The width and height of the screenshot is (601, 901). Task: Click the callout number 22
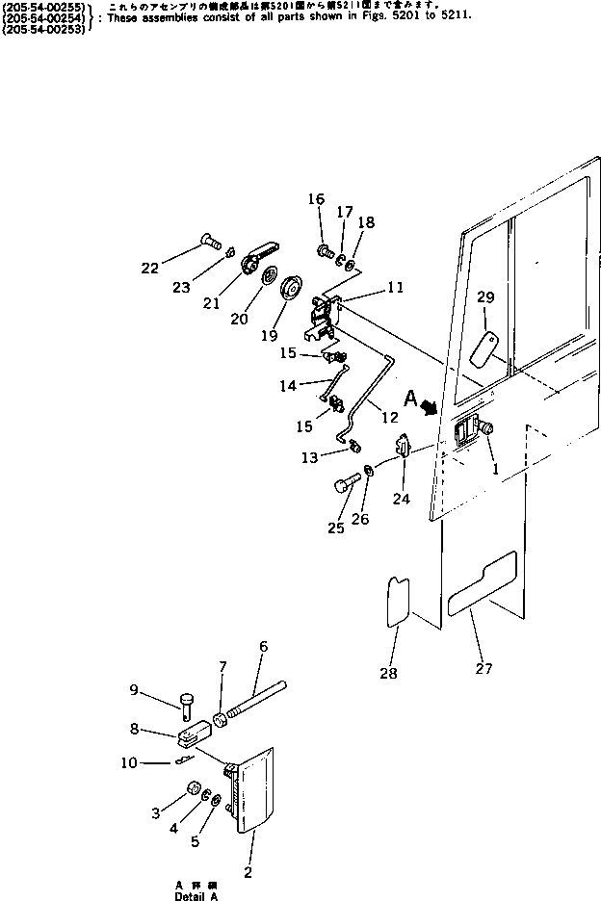coord(149,268)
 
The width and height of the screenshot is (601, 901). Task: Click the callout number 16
coord(317,199)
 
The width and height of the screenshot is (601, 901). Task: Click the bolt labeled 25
coord(345,486)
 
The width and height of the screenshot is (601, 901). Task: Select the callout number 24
coord(401,499)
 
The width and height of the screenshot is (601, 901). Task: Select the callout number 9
coord(134,688)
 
